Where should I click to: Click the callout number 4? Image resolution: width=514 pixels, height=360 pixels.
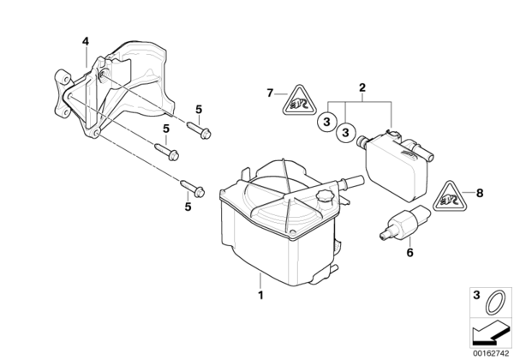tap(85, 42)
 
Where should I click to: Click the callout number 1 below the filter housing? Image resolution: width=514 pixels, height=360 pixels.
tap(260, 296)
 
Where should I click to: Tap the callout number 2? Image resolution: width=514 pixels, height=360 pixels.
tap(362, 87)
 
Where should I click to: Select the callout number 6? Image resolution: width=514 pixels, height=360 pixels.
tap(409, 253)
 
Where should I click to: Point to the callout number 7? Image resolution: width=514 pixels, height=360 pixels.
tap(270, 93)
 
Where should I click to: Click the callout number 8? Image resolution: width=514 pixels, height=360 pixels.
tap(480, 193)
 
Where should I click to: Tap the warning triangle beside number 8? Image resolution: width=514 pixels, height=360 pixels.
tap(450, 196)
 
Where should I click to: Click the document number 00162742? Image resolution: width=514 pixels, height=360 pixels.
tap(490, 353)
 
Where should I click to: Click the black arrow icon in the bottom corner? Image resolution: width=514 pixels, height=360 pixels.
tap(490, 333)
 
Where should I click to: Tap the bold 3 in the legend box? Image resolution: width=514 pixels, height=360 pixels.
tap(476, 295)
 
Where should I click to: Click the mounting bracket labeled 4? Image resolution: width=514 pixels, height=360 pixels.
tap(110, 88)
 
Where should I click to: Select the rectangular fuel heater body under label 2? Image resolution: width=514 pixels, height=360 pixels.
tap(397, 166)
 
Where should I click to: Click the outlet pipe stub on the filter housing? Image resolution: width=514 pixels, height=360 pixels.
tap(352, 181)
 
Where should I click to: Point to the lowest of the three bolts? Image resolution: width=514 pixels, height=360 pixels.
tap(193, 189)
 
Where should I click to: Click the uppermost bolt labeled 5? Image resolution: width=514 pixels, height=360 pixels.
tap(199, 129)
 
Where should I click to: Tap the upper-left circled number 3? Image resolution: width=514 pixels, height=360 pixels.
tap(326, 122)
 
